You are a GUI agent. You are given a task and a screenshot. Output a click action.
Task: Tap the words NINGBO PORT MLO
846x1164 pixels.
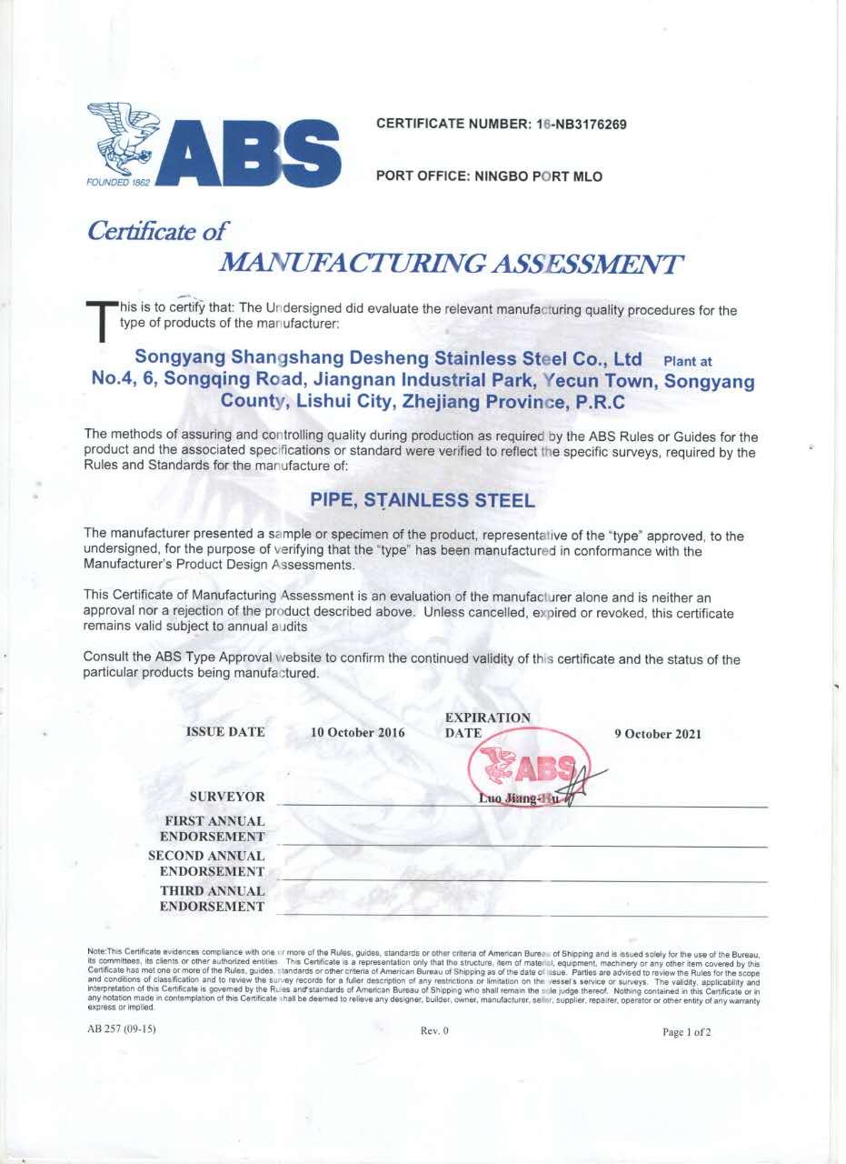(x=539, y=176)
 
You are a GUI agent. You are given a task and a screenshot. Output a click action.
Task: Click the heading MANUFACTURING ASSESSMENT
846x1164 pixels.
(x=451, y=264)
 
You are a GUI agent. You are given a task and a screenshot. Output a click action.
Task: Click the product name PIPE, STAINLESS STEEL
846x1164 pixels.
(x=423, y=499)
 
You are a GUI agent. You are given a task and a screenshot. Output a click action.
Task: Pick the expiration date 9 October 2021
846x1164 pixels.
(x=658, y=734)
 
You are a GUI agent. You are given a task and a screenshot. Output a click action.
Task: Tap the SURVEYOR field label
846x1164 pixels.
(x=226, y=798)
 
